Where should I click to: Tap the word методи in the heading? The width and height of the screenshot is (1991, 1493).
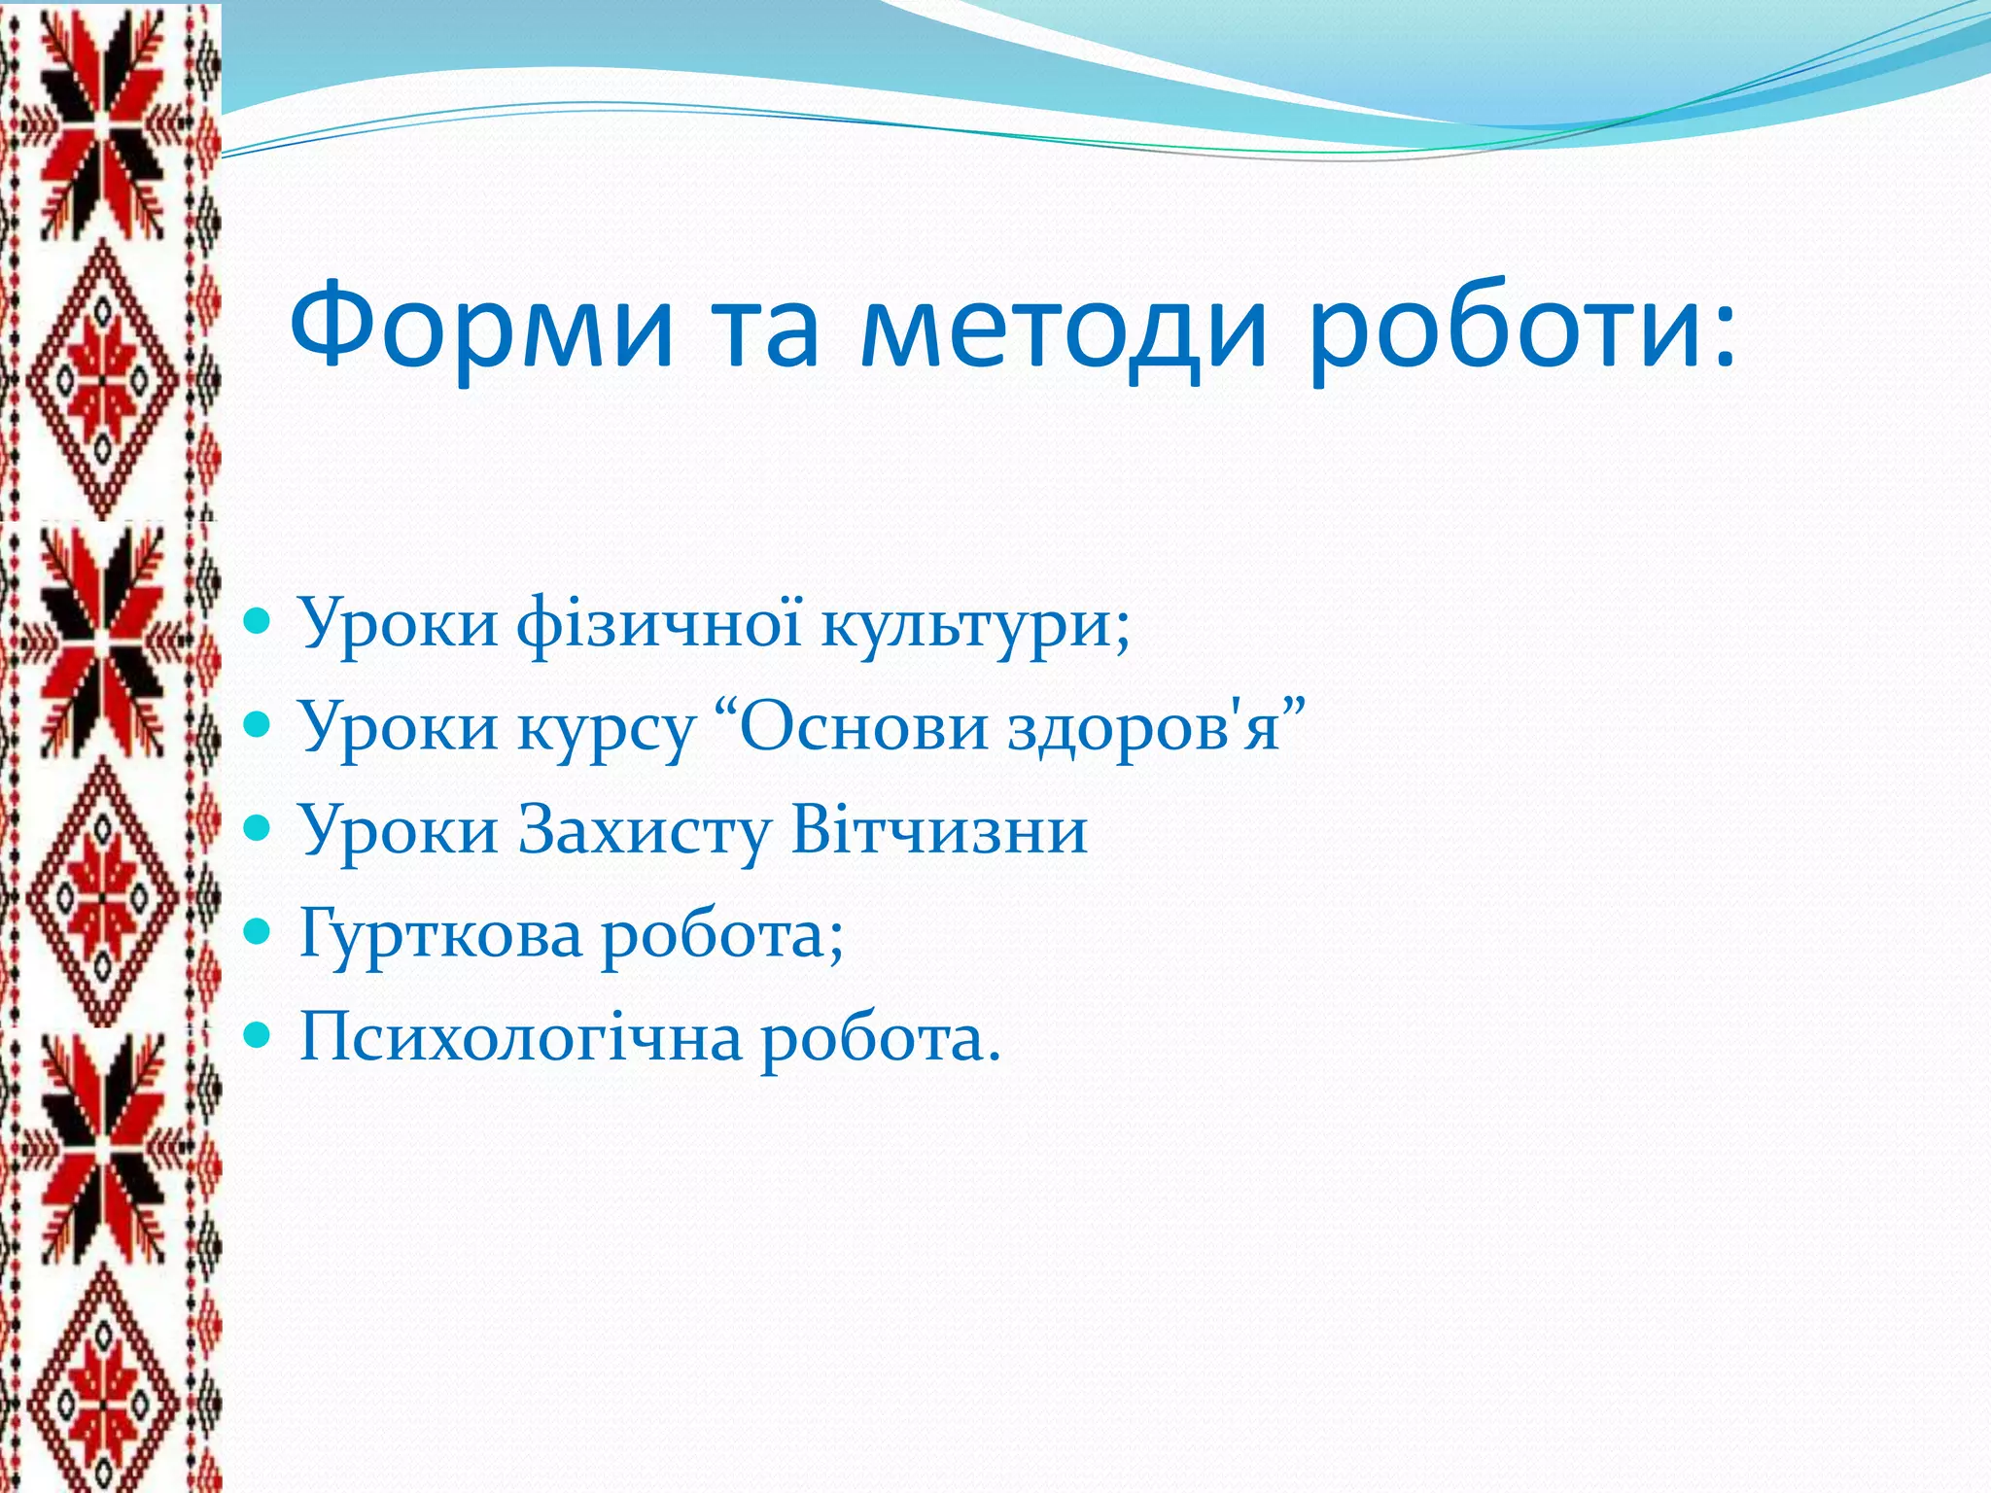tap(1064, 326)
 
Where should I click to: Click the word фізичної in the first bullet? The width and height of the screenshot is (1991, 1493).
tap(659, 622)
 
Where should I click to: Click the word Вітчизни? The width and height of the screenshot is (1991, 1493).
tap(939, 830)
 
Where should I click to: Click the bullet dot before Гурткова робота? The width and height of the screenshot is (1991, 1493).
tap(257, 934)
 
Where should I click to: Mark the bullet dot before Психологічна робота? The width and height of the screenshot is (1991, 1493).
tap(257, 1037)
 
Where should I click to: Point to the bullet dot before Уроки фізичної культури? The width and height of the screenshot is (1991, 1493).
tap(257, 622)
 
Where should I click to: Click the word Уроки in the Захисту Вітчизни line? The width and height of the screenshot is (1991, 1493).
tap(398, 832)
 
